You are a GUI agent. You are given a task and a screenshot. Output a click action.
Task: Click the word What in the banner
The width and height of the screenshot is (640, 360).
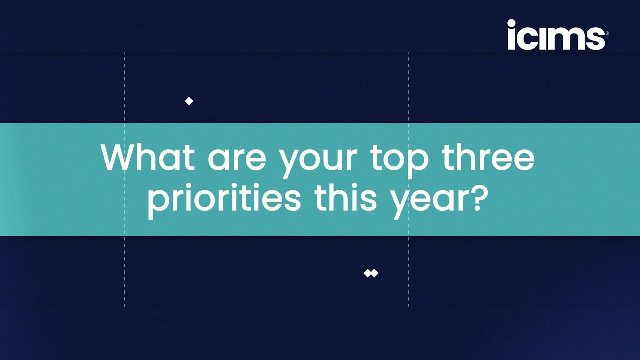[148, 157]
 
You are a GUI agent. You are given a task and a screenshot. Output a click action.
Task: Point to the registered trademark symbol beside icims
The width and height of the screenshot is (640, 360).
[607, 33]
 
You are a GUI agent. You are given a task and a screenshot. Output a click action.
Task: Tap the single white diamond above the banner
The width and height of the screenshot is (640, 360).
[189, 101]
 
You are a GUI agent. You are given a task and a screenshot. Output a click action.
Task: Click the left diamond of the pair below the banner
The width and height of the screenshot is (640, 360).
[367, 273]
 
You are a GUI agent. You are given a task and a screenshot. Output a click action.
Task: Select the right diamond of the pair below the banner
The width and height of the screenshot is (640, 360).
[375, 273]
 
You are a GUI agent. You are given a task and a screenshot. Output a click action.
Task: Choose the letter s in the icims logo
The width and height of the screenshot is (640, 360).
[596, 38]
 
